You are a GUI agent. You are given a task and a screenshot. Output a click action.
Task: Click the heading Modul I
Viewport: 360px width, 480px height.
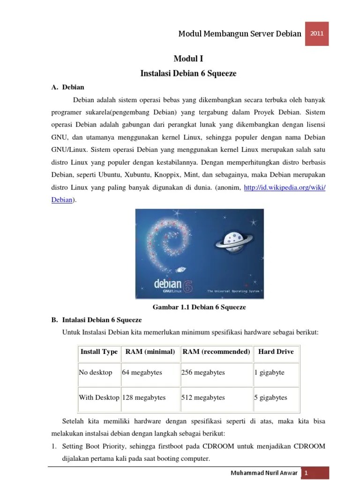(x=188, y=59)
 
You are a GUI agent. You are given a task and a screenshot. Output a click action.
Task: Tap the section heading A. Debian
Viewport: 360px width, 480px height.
(x=68, y=87)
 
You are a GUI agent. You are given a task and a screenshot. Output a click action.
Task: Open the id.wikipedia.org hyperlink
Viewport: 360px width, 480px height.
(x=285, y=187)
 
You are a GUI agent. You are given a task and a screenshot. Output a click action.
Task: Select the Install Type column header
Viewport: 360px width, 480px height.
(x=99, y=352)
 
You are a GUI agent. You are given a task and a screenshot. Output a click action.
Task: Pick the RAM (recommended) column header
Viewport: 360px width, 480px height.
(x=216, y=352)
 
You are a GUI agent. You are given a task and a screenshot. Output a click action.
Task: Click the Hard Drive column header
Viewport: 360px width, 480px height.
(x=276, y=352)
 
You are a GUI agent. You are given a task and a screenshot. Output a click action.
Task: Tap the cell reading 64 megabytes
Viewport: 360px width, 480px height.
(x=142, y=373)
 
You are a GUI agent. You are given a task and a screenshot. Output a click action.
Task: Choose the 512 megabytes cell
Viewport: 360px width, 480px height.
(x=203, y=397)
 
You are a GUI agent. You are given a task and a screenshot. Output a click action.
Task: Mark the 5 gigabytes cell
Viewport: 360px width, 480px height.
(x=270, y=397)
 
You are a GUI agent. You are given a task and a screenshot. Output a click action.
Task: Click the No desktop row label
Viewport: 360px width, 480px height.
(x=96, y=373)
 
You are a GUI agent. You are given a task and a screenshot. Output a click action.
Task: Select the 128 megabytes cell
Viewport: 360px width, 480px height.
(x=144, y=397)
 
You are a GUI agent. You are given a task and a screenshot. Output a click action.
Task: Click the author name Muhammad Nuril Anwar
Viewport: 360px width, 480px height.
(x=264, y=473)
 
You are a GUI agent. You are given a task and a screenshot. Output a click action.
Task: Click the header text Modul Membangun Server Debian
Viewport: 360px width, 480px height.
(x=240, y=34)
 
